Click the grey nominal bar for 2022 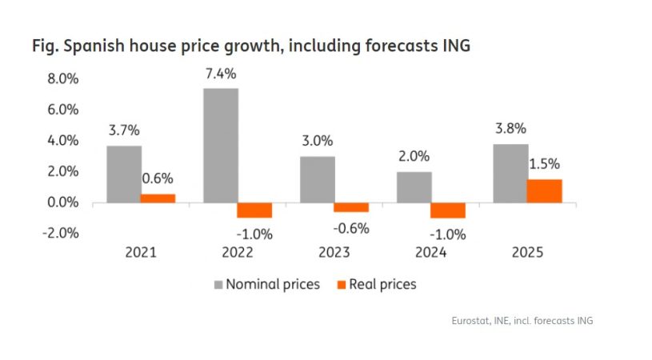pyautogui.click(x=221, y=145)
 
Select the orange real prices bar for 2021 pyautogui.click(x=158, y=198)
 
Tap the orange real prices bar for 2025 pyautogui.click(x=544, y=191)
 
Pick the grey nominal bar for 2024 pyautogui.click(x=414, y=187)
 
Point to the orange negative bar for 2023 pyautogui.click(x=350, y=207)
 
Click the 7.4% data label pyautogui.click(x=221, y=73)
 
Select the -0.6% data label pyautogui.click(x=352, y=228)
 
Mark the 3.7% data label pyautogui.click(x=123, y=130)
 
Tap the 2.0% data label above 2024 pyautogui.click(x=414, y=157)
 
